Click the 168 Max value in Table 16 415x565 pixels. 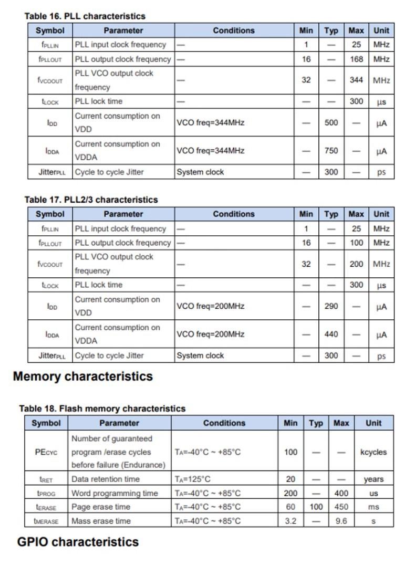(357, 59)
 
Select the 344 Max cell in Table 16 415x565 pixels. (357, 80)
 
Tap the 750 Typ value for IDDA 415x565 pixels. (331, 151)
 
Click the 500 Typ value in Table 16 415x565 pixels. (331, 123)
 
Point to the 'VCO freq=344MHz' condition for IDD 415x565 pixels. (210, 123)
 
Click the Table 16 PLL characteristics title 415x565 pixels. (85, 16)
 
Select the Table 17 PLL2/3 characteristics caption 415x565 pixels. (91, 200)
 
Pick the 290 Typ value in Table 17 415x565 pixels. (331, 306)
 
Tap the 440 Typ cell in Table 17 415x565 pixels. (331, 334)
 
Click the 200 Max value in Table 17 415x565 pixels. (357, 264)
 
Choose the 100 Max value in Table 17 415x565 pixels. (357, 243)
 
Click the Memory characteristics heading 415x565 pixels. (83, 376)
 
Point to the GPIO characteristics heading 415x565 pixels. (78, 542)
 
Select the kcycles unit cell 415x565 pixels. (373, 452)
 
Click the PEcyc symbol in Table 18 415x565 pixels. (46, 452)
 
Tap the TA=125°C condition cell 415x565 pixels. (193, 479)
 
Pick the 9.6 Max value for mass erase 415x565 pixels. (341, 521)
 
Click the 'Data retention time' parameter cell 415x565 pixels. (106, 479)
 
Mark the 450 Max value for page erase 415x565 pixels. (341, 507)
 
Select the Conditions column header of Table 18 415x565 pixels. (224, 423)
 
